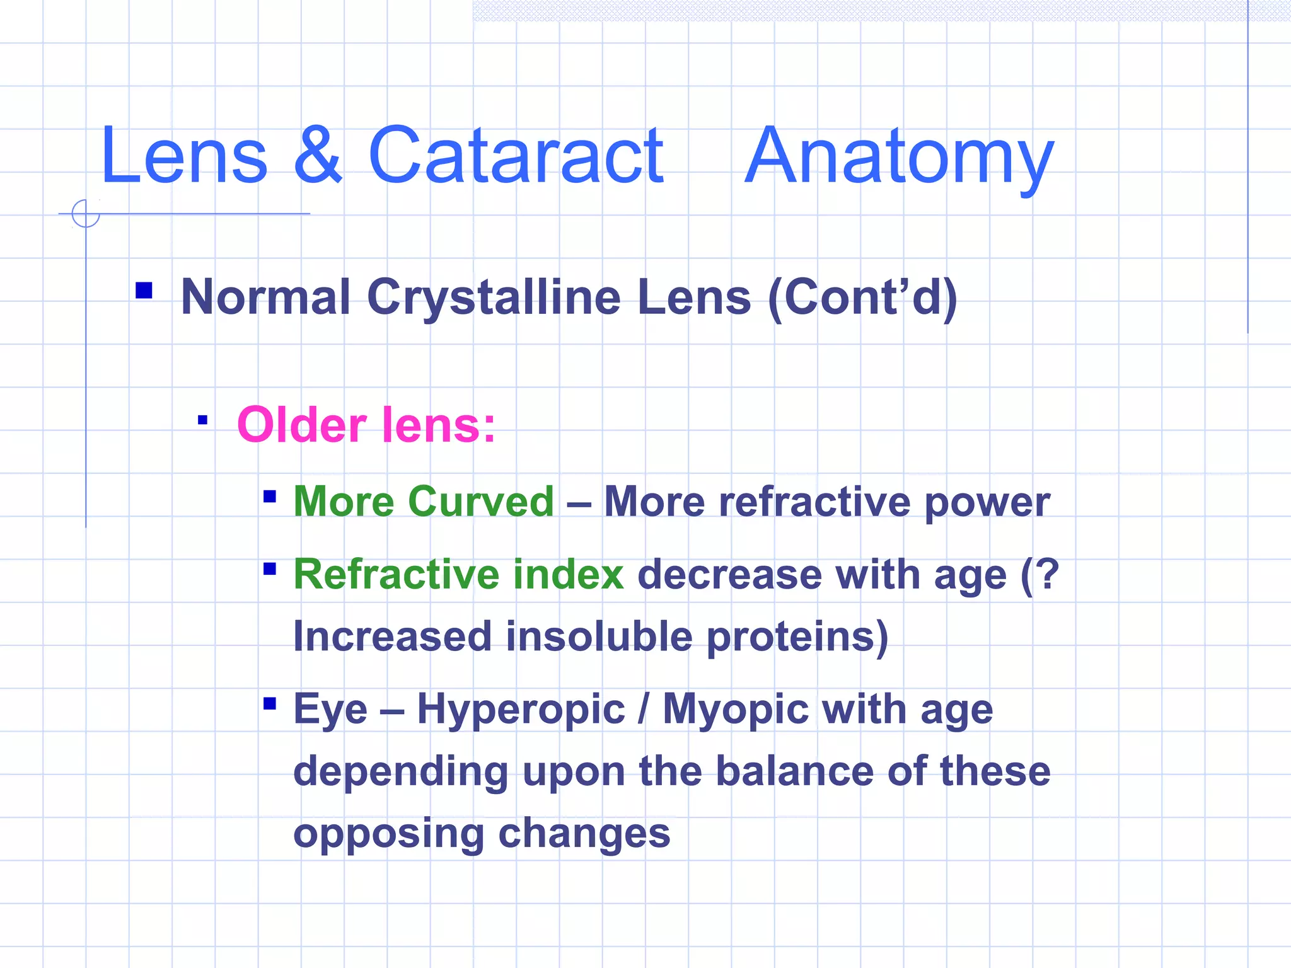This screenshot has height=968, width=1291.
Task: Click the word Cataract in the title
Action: [x=515, y=156]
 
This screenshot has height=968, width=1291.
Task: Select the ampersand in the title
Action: [x=318, y=156]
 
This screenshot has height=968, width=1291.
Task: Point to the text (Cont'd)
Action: [x=862, y=297]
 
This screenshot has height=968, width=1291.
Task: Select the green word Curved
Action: [x=481, y=502]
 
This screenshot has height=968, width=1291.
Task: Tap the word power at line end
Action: [x=987, y=503]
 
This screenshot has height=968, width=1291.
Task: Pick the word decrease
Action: [x=729, y=575]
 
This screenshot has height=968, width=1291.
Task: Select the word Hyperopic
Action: [x=521, y=710]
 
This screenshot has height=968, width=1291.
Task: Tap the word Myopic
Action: [x=736, y=710]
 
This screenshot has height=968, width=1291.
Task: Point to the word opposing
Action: [x=388, y=834]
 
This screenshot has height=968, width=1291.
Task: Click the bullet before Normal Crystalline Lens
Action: [x=144, y=290]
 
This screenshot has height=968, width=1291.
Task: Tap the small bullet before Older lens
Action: [x=202, y=420]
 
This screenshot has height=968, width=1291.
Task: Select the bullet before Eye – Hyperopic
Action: [x=270, y=703]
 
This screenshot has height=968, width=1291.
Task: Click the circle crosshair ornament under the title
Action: [x=86, y=214]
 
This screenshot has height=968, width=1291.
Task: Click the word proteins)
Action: [x=797, y=637]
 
